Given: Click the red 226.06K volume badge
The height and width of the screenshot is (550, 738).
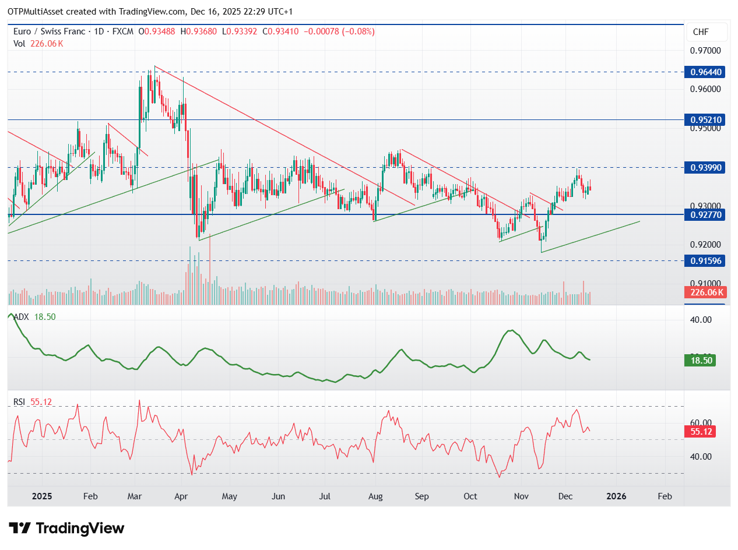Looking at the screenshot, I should point(705,292).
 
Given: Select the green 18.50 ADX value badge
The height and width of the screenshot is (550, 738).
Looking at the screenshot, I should point(700,360).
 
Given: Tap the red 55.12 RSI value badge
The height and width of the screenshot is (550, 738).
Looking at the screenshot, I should point(700,432).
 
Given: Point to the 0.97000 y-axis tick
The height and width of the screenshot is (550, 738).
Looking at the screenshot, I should point(705,51).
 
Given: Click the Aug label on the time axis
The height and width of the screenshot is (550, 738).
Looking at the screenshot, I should point(376,496).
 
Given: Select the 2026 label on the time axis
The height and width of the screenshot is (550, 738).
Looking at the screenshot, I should point(616,496).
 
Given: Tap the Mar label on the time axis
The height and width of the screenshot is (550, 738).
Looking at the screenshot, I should point(135,496).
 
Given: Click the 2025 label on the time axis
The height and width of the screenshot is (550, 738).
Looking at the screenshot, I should point(42,496).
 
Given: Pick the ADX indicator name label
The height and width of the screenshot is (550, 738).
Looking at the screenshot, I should point(22,317).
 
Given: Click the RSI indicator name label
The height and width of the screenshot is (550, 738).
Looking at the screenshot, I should point(20,402).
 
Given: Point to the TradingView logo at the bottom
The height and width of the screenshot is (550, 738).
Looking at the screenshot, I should point(67,528).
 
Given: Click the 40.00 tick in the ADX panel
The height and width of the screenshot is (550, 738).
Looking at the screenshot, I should point(701,320).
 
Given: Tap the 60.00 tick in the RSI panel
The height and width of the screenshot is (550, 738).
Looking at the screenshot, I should point(701,422).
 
